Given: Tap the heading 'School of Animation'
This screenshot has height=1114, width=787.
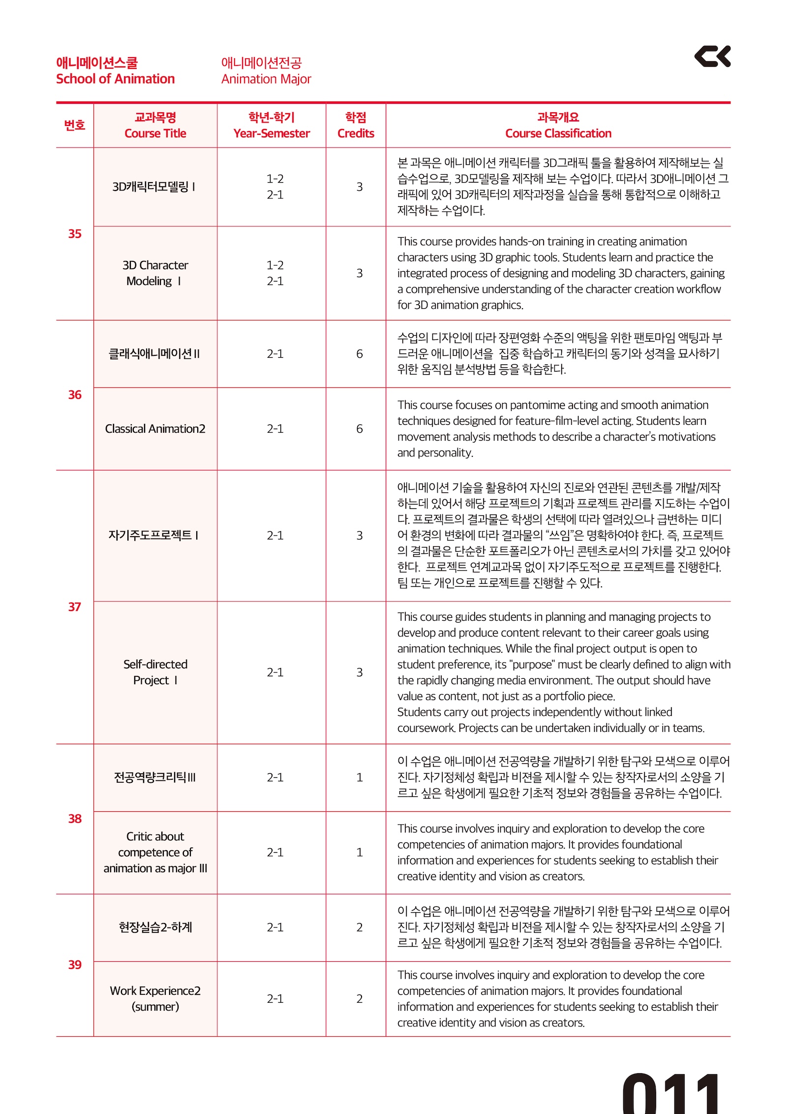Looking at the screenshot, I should tap(115, 79).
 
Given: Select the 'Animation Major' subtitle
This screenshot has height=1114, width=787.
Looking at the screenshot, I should tap(266, 79).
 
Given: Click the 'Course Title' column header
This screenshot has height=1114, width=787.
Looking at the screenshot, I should tap(155, 133).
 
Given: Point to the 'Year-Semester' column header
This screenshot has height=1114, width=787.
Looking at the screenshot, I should tap(272, 133).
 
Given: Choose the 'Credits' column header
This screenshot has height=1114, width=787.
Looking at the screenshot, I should tap(356, 133).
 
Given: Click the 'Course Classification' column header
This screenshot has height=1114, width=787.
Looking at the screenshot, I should tap(558, 133).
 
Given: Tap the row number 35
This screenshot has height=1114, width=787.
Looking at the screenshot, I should tap(75, 234).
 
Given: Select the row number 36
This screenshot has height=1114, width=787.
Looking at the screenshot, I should tap(75, 395).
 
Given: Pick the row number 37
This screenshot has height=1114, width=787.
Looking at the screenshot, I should tap(75, 607).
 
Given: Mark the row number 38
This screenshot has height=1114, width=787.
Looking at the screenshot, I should tap(75, 819).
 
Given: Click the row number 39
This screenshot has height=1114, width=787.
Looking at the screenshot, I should tap(75, 965).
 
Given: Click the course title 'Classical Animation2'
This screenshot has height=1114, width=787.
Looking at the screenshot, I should tap(155, 429).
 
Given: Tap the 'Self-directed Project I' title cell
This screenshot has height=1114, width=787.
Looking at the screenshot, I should tap(155, 672).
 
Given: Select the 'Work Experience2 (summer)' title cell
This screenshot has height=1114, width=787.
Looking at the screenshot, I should tap(155, 998).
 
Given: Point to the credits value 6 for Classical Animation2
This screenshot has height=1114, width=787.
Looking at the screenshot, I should tap(360, 429).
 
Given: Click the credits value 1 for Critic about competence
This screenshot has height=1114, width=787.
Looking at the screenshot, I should tap(360, 852).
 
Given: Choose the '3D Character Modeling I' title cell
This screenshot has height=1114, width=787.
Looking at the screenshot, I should tap(155, 273).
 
